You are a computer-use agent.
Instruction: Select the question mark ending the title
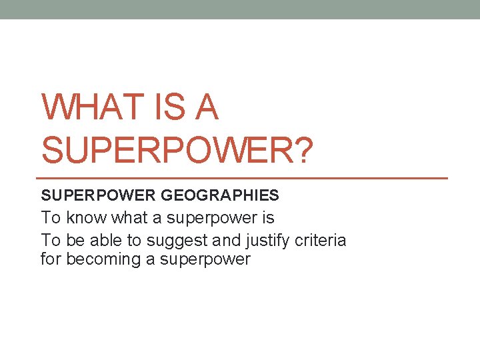(301, 148)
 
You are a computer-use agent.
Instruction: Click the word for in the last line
(50, 259)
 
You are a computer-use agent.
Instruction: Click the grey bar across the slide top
(240, 9)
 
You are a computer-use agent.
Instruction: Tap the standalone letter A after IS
(207, 107)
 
